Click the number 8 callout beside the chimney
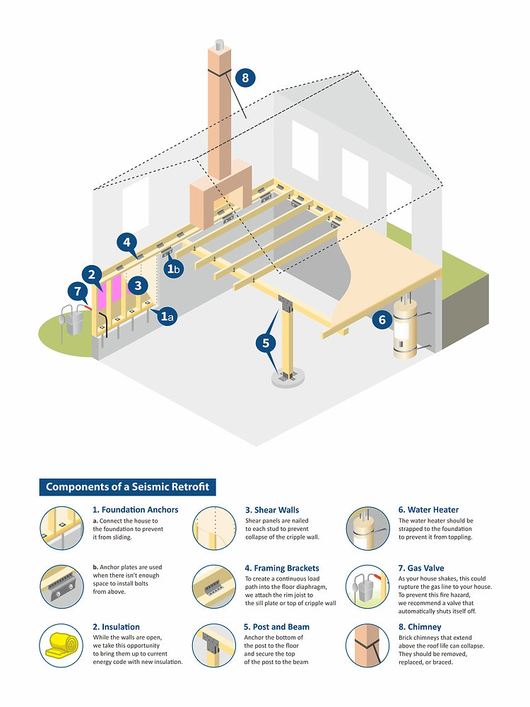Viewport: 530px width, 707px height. (x=245, y=78)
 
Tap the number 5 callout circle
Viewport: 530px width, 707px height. (x=266, y=343)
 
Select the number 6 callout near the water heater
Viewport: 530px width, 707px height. (x=382, y=320)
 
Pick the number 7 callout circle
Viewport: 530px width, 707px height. (x=78, y=291)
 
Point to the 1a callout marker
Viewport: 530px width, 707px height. (x=167, y=317)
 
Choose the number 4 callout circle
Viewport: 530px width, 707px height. (x=126, y=242)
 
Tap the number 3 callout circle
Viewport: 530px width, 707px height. (x=138, y=285)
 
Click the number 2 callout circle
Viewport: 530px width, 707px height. (x=92, y=274)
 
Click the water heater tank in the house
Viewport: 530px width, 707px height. (x=405, y=329)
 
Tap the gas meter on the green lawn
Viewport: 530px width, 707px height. (x=72, y=320)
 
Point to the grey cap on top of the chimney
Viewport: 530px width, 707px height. (x=220, y=45)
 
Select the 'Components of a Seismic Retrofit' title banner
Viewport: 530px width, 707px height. (x=127, y=487)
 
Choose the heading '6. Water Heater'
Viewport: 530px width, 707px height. (x=428, y=510)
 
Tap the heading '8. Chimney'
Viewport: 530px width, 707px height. (x=420, y=626)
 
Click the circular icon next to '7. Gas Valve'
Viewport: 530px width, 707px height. (x=367, y=587)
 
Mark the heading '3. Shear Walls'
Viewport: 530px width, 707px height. (x=272, y=510)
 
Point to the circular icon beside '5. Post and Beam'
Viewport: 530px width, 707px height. (x=215, y=645)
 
